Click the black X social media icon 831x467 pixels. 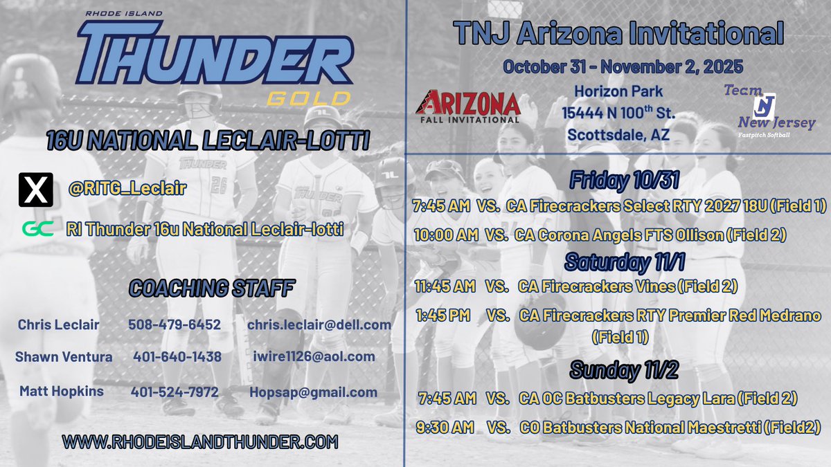coord(35,189)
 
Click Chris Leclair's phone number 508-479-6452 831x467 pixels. coord(174,324)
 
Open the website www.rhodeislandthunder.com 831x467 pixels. coord(199,441)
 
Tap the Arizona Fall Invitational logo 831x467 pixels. coord(467,105)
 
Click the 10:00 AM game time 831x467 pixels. coord(447,235)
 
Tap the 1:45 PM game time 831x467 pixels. coord(443,315)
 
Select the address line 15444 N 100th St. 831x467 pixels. coord(618,113)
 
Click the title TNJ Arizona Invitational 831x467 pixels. coord(618,33)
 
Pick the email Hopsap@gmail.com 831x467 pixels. coord(314,392)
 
